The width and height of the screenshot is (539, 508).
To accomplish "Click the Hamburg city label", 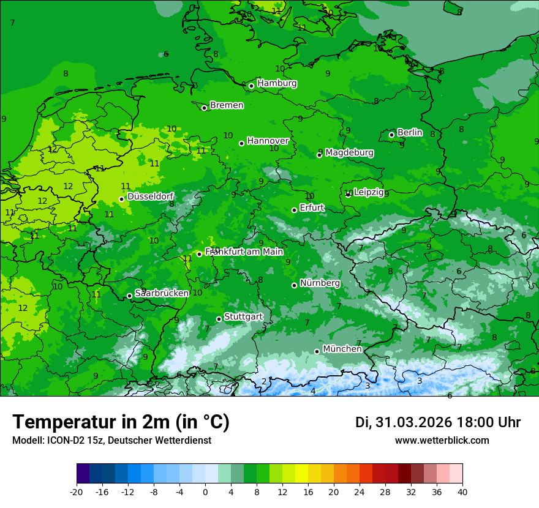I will pyautogui.click(x=277, y=83).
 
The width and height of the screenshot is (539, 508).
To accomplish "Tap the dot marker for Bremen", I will pyautogui.click(x=205, y=108).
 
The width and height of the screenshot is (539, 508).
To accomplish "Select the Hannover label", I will pyautogui.click(x=268, y=141).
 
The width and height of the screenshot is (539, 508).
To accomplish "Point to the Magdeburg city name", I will pyautogui.click(x=349, y=152).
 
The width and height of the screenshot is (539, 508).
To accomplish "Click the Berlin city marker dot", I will pyautogui.click(x=392, y=135).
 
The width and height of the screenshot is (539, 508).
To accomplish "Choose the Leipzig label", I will pyautogui.click(x=369, y=192).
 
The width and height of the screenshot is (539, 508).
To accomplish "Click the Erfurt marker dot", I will pyautogui.click(x=294, y=210).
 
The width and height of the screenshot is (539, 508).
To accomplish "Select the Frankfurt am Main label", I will pyautogui.click(x=244, y=252).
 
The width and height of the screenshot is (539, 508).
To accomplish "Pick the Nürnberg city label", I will pyautogui.click(x=320, y=283).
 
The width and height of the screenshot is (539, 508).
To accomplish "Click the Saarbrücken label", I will pyautogui.click(x=162, y=293).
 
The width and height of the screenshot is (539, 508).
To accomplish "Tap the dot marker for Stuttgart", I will pyautogui.click(x=219, y=319).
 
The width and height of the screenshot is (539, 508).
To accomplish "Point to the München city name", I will pyautogui.click(x=342, y=349).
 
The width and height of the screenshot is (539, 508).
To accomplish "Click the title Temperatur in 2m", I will pyautogui.click(x=121, y=422).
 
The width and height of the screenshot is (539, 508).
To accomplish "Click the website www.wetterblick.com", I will pyautogui.click(x=442, y=440).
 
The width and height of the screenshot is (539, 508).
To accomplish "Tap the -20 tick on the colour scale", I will pyautogui.click(x=77, y=492).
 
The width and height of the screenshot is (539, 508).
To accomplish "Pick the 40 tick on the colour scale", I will pyautogui.click(x=462, y=492).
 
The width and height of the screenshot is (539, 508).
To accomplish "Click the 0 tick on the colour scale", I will pyautogui.click(x=205, y=492).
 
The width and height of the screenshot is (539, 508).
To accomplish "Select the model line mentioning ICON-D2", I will pyautogui.click(x=111, y=440).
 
